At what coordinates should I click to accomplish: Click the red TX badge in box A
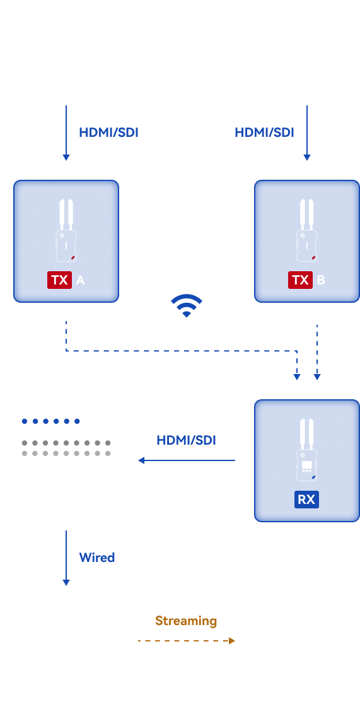[x=60, y=279]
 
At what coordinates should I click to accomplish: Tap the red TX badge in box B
[x=300, y=279]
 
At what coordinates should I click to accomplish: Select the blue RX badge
[x=306, y=500]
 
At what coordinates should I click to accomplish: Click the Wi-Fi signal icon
[x=187, y=305]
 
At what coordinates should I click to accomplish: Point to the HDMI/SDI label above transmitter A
[x=109, y=132]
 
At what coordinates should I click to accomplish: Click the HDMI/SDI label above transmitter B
[x=264, y=132]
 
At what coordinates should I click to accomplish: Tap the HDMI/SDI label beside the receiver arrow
[x=186, y=440]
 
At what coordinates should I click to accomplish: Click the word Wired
[x=97, y=558]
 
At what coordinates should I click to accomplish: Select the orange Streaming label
[x=186, y=621]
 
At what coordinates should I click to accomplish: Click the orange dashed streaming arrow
[x=187, y=641]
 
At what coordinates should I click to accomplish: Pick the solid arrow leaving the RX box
[x=187, y=460]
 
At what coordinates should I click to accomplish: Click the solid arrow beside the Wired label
[x=66, y=558]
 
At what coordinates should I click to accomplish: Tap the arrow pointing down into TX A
[x=66, y=133]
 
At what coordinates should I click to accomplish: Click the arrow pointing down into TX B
[x=307, y=133]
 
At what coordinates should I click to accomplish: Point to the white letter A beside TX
[x=80, y=280]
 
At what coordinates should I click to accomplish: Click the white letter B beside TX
[x=321, y=280]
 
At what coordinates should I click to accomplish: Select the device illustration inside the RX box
[x=306, y=450]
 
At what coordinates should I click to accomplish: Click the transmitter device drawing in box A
[x=66, y=230]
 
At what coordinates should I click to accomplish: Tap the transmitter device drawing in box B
[x=307, y=230]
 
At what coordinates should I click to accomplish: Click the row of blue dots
[x=50, y=421]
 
